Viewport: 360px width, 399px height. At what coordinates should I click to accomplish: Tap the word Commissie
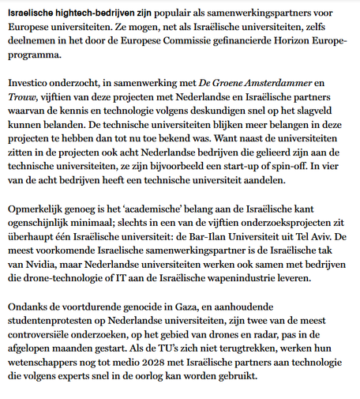187,44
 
